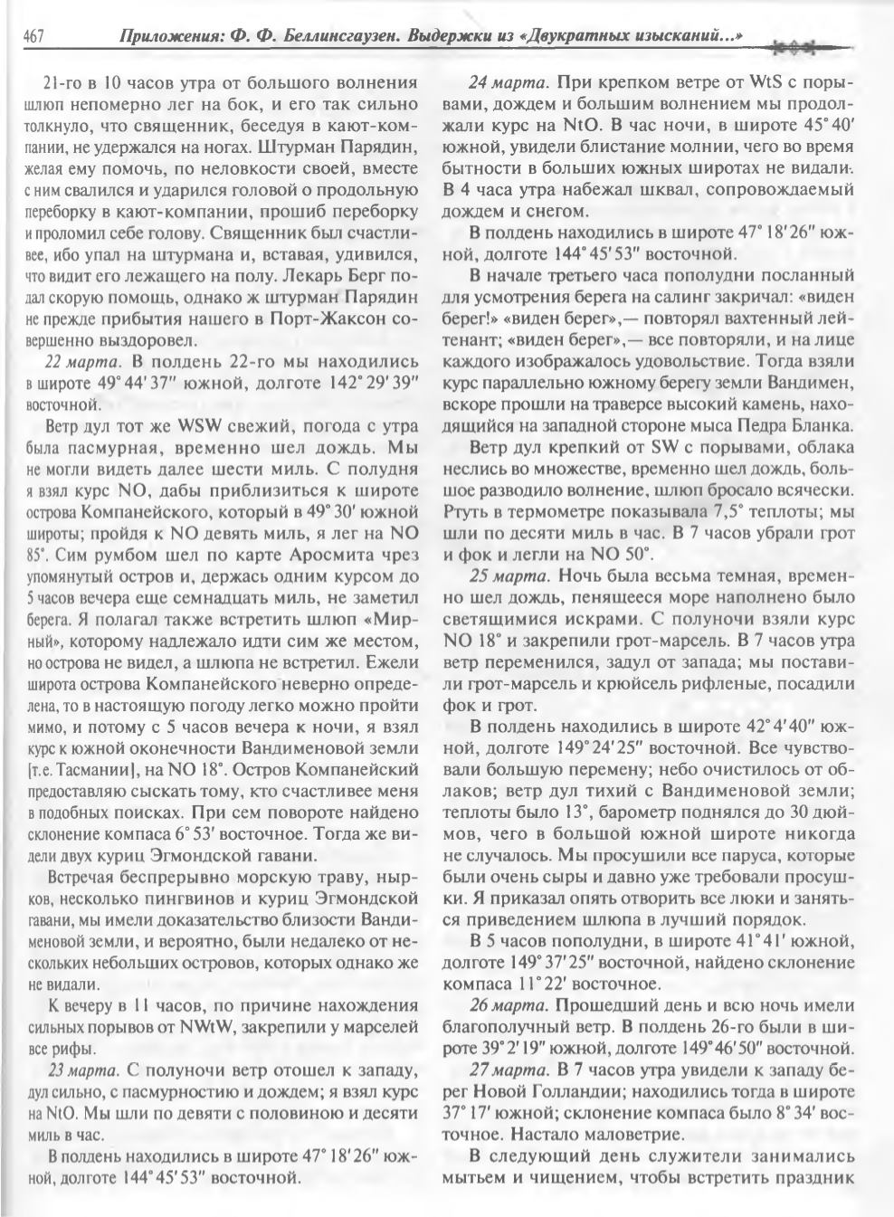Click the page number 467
(x=33, y=37)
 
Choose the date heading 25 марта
(x=509, y=575)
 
